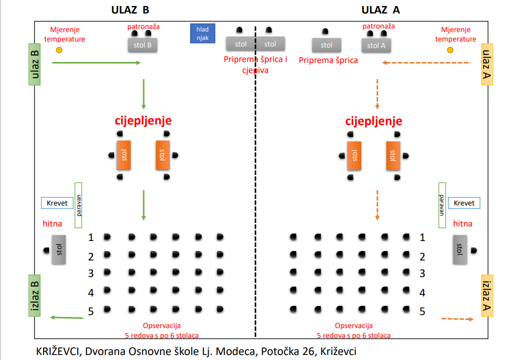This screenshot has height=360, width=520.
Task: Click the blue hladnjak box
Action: (202, 33)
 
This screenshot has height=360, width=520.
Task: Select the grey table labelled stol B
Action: (143, 45)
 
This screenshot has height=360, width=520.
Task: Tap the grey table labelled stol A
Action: (376, 45)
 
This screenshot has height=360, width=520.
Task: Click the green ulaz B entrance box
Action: (34, 64)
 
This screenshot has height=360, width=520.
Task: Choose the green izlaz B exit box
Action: (34, 295)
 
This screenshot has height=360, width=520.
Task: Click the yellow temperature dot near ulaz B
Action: (59, 50)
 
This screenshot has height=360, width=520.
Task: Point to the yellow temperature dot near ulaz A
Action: (450, 50)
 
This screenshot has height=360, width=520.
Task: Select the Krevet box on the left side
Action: (57, 203)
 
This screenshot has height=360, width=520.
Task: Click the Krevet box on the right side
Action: (464, 203)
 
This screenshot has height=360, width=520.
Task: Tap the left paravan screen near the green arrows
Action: (78, 205)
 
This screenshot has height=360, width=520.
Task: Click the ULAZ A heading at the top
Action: (380, 10)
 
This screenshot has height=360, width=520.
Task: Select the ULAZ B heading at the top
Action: (130, 10)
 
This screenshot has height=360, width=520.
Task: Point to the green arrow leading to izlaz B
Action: (67, 317)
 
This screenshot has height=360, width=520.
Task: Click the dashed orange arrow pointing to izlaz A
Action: (457, 318)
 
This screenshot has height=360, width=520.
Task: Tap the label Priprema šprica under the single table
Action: (328, 60)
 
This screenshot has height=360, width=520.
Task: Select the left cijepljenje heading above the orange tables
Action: (143, 121)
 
